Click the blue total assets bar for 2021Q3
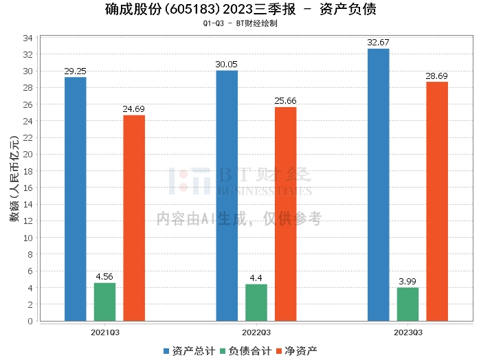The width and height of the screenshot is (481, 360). [76, 199]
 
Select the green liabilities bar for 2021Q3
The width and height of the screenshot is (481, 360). [105, 302]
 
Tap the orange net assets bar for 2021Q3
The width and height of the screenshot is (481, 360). [134, 218]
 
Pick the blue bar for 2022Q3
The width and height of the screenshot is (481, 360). [227, 195]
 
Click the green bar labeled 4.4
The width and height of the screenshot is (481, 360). [256, 302]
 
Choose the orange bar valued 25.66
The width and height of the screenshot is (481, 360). [285, 214]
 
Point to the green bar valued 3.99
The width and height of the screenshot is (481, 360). [407, 304]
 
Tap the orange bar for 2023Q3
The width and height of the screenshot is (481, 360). [437, 201]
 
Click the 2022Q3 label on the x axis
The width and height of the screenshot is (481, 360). [256, 333]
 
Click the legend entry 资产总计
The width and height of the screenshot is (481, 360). [187, 351]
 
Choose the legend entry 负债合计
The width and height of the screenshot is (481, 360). [246, 351]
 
